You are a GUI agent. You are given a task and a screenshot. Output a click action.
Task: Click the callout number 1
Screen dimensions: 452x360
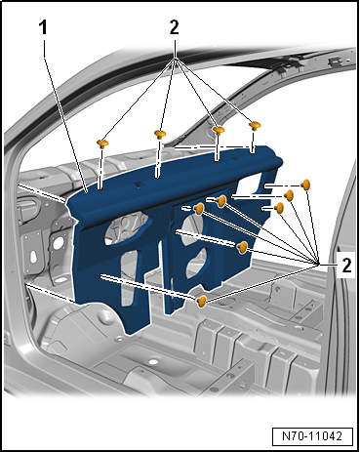point(43,29)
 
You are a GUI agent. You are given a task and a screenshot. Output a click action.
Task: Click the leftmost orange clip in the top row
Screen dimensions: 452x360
point(103,144)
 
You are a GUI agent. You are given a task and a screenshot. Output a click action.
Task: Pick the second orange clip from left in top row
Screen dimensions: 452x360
point(161,133)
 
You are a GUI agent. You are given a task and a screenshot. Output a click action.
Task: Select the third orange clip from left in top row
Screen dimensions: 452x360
point(220,130)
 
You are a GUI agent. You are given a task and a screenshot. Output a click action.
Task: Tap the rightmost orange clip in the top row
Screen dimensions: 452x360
point(256,125)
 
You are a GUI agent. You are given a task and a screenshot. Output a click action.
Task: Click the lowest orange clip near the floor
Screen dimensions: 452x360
point(201,301)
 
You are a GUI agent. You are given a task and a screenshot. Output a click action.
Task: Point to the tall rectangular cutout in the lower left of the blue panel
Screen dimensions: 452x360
point(129,273)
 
